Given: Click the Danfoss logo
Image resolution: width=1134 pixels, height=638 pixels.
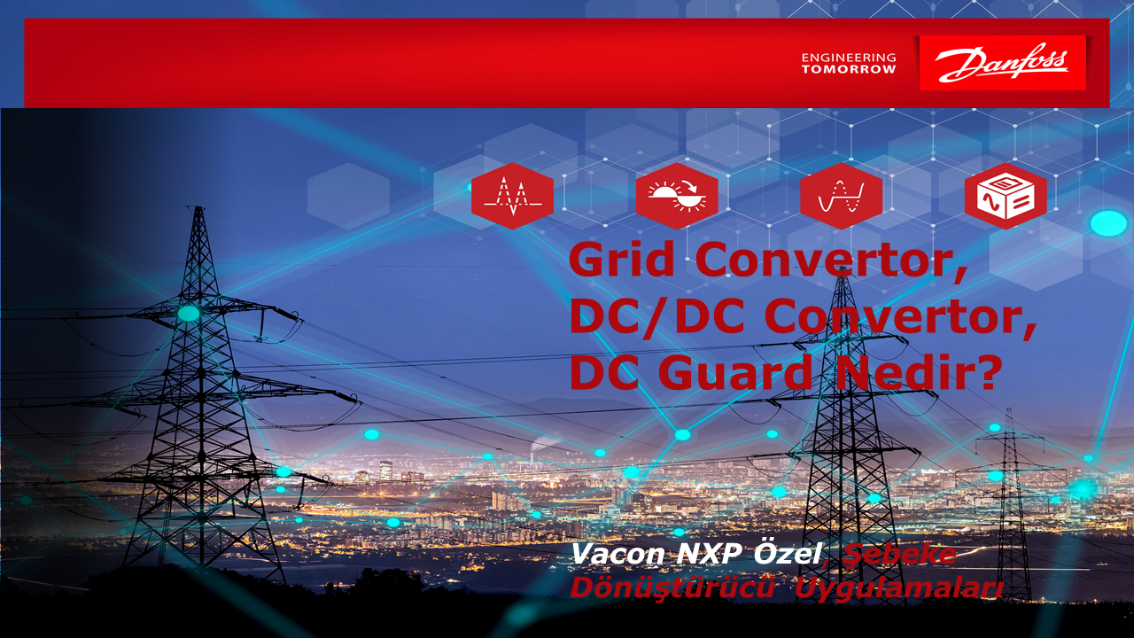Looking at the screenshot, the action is [x=1002, y=63].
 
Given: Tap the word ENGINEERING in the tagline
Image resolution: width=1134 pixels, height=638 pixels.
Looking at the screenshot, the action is [x=849, y=58].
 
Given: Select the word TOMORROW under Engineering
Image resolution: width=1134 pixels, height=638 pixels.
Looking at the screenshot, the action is [x=849, y=69].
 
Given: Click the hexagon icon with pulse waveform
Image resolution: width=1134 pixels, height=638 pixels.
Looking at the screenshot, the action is [x=512, y=196].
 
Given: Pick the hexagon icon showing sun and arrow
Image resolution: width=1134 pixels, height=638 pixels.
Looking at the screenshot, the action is [x=677, y=196].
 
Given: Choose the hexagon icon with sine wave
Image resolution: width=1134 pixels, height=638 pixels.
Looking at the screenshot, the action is [x=842, y=196].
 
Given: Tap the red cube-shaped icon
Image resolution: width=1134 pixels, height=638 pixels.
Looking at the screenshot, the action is [x=1006, y=196].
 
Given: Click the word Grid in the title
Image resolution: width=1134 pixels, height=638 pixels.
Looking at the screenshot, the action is [x=622, y=259].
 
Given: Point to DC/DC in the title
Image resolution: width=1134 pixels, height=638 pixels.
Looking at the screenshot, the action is [x=656, y=316].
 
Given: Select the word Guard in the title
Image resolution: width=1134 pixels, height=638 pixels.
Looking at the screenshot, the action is [x=735, y=372].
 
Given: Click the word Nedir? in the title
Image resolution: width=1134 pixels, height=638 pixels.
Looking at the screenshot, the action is [x=919, y=372].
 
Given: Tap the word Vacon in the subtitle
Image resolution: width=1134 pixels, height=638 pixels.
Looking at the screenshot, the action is [x=617, y=555].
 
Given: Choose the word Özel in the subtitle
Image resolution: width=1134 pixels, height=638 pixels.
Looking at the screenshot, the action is [x=788, y=553].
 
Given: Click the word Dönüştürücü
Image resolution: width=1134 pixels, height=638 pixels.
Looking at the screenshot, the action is [x=672, y=588].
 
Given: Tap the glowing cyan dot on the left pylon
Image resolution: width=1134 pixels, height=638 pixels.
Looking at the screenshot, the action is [x=189, y=314].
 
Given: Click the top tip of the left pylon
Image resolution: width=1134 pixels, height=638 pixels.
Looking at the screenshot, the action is [x=199, y=206].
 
